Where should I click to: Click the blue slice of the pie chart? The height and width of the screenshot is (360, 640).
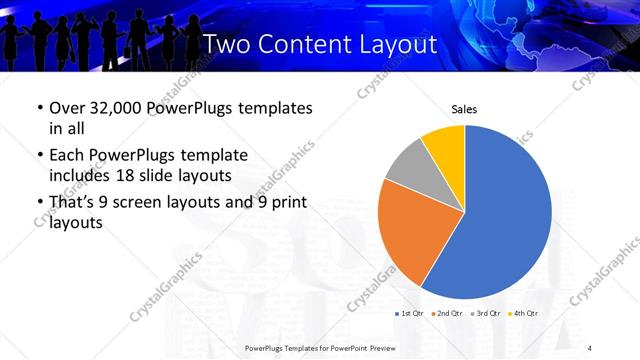[x=510, y=210]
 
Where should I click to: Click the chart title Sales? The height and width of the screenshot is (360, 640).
[x=463, y=109]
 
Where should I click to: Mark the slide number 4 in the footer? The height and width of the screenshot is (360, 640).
[x=590, y=347]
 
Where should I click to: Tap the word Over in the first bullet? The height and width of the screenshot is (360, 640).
[x=67, y=108]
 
